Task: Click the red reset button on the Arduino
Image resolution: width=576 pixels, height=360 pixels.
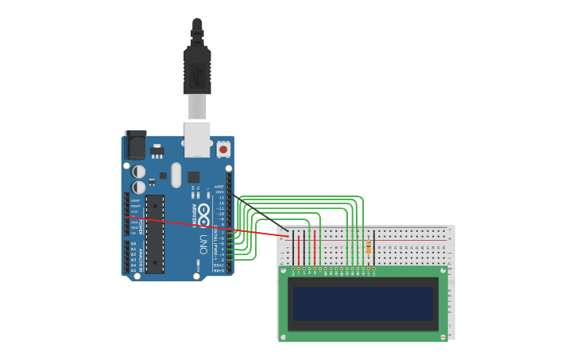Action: coord(223,149)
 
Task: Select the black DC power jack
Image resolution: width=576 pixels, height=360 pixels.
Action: coord(136,145)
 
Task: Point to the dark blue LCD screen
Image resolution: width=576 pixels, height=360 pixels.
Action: coord(363,304)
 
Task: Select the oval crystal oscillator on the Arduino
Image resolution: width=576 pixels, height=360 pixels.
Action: coord(176,175)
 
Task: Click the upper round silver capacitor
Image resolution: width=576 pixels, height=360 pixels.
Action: coord(139,171)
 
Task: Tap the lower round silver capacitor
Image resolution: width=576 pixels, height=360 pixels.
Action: coord(139,187)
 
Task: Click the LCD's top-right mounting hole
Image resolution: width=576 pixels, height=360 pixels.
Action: coord(443,270)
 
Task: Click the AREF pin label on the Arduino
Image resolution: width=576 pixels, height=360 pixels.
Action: coord(219,187)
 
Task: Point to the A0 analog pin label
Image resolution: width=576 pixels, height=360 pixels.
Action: coord(133,244)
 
